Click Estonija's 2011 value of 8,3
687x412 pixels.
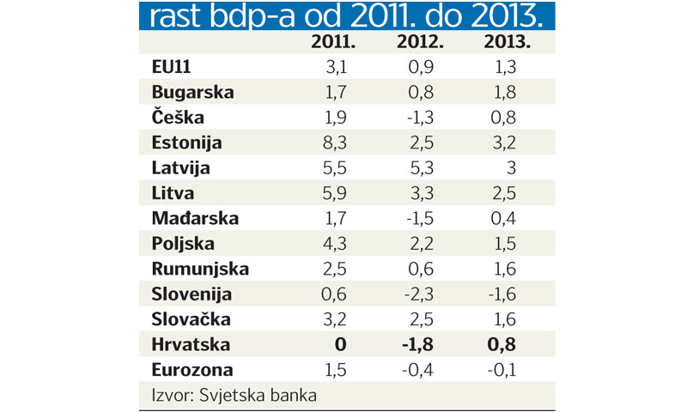tap(335, 142)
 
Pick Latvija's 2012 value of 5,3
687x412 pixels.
tap(420, 168)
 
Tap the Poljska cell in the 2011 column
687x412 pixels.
tap(335, 243)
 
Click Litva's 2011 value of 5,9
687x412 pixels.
tap(335, 193)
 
